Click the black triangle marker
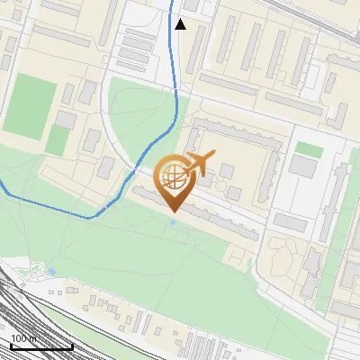point(180,24)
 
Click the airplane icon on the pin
point(198,165)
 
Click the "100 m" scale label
point(24,338)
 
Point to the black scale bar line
point(41,346)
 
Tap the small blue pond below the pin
point(173,222)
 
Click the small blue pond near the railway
point(52,271)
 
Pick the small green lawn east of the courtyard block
point(309,148)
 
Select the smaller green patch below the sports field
point(58,139)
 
